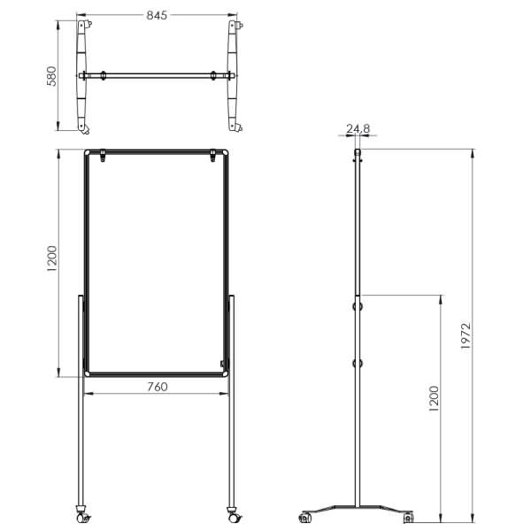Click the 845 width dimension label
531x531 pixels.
coord(157,15)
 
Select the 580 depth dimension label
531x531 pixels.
coord(51,76)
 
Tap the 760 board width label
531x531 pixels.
coord(158,387)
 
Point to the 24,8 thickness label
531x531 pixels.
coord(358,128)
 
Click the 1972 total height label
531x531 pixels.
coord(466,336)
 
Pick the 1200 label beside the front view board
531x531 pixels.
coord(52,258)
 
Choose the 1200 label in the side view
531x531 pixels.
coord(434,398)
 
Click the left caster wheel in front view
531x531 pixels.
coord(82,515)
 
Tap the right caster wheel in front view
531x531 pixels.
coord(234,515)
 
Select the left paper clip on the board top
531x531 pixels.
coord(103,156)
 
